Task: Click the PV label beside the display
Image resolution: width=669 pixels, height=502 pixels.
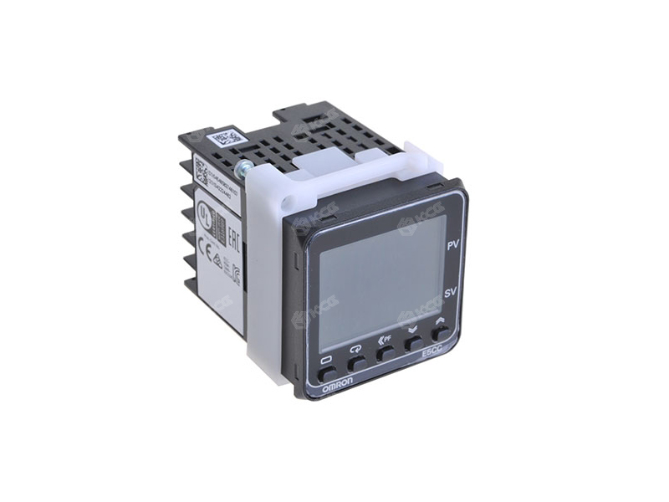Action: click(452, 247)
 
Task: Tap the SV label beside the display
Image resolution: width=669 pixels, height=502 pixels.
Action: click(449, 293)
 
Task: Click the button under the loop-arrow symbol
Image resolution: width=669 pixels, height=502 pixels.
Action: click(356, 362)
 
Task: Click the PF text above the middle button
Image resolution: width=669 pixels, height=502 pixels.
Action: click(386, 339)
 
